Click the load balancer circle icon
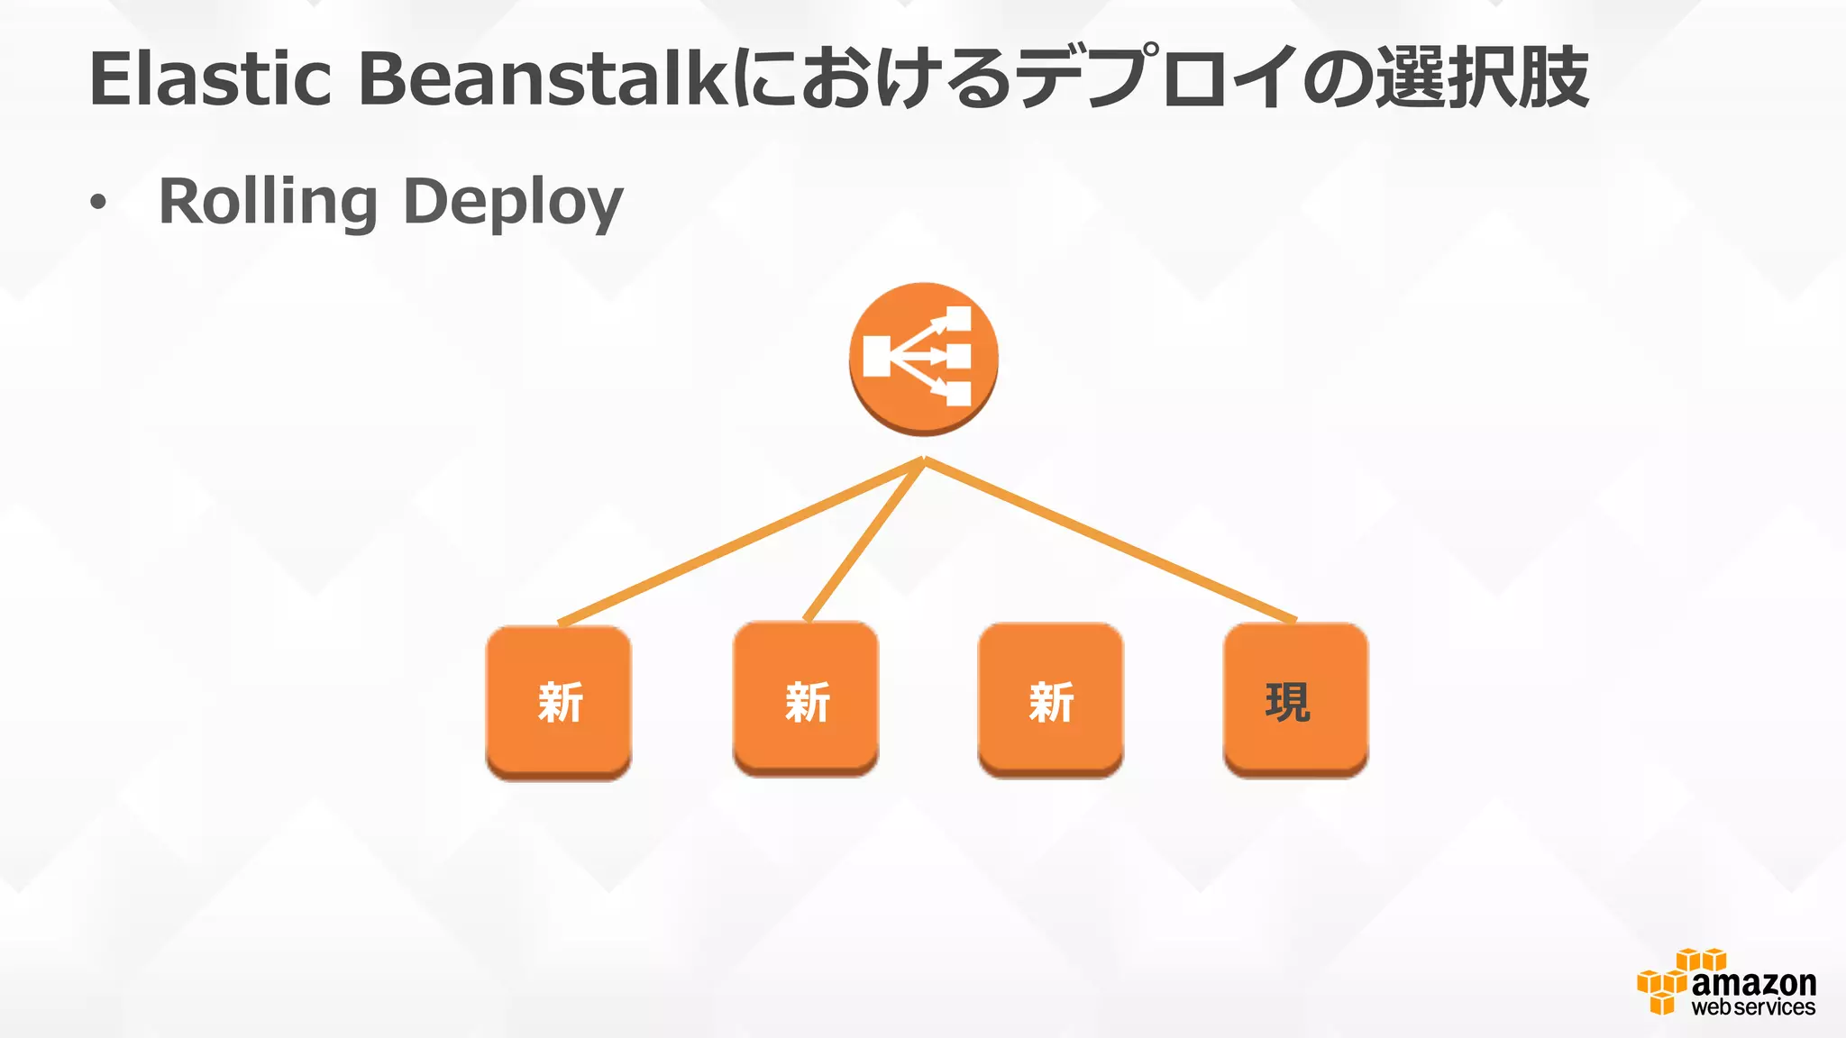tap(923, 358)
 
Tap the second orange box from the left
tap(806, 699)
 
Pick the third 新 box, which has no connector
tap(1051, 699)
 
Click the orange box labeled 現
tap(1295, 699)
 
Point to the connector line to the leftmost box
tap(739, 541)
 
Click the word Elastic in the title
tap(210, 79)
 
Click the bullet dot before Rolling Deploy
tap(97, 204)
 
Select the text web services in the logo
tap(1753, 1007)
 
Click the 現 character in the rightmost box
tap(1287, 702)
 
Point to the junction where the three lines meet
tap(924, 461)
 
